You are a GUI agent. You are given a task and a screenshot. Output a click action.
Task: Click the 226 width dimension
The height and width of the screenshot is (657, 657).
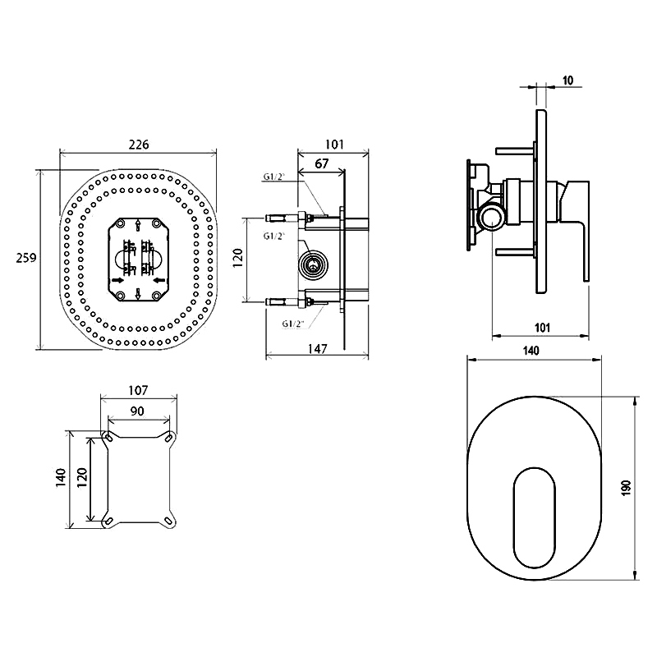point(139,145)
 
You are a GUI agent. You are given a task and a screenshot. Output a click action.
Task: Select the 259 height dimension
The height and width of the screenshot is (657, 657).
point(26,258)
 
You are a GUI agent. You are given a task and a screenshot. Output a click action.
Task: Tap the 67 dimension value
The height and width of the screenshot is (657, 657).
point(321,163)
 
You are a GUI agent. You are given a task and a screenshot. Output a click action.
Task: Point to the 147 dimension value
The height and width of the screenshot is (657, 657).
point(318,348)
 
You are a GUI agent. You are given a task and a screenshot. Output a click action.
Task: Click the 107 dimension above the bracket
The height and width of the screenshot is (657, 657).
point(138,391)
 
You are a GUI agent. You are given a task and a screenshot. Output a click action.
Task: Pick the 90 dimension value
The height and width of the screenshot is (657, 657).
point(137,411)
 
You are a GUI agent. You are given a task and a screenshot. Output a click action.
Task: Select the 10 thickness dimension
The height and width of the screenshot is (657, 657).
point(567,80)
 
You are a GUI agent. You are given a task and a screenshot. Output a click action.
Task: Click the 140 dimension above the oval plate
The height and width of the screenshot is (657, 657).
point(531,351)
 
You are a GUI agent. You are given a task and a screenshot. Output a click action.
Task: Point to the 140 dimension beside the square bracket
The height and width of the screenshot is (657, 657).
point(61,477)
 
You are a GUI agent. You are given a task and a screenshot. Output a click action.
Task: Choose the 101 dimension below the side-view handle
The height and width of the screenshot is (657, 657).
point(542,327)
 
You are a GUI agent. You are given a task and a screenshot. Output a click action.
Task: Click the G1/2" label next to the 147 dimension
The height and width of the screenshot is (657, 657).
point(293,324)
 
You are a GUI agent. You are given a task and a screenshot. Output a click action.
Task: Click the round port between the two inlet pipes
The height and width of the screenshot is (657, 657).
point(313,264)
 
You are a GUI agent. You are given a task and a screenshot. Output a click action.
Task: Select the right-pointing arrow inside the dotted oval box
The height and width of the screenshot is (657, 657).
point(117,280)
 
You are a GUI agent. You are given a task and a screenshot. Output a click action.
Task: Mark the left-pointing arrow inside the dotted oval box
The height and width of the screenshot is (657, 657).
point(159,280)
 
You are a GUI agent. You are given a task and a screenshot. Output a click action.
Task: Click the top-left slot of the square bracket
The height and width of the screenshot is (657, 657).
point(108,439)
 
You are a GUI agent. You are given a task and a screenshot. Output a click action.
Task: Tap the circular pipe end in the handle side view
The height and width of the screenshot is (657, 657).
point(491,217)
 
